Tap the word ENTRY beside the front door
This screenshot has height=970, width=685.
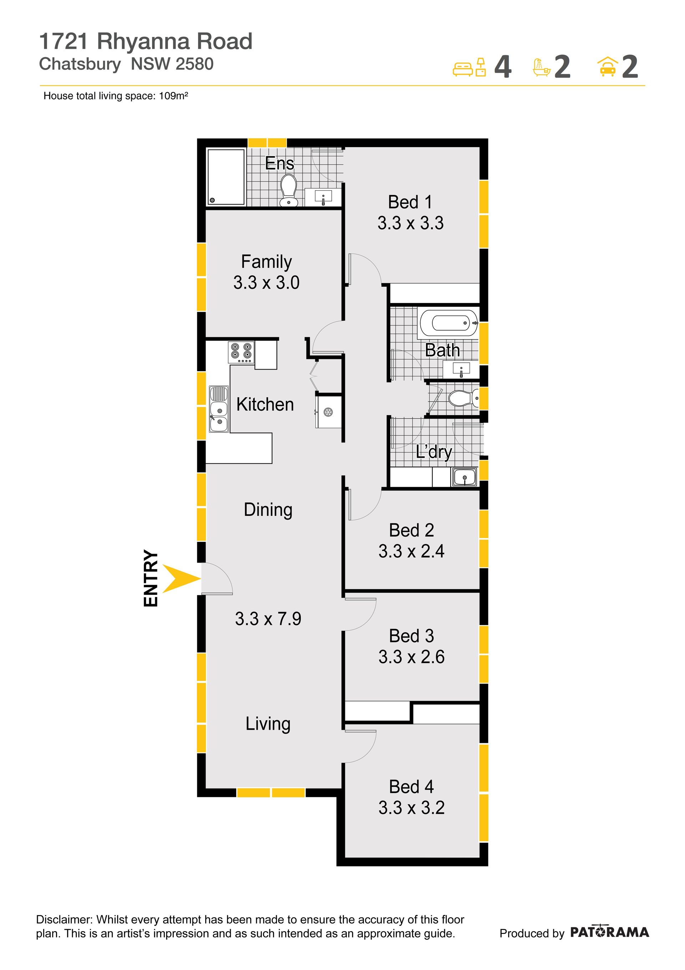point(151,578)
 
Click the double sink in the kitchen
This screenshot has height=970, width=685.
point(219,409)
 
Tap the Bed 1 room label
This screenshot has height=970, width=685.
point(410,202)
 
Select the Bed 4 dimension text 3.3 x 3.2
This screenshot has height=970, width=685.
point(411,808)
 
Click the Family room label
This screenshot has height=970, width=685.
point(267,262)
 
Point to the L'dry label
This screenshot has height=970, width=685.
point(434,452)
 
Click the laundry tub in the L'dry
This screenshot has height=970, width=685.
point(465,478)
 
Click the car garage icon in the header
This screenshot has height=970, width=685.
point(607,67)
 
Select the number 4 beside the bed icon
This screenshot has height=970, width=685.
point(503,67)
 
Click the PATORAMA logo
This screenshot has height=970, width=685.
point(609,931)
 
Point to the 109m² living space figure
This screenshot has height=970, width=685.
point(173,96)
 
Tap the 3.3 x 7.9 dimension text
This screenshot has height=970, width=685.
point(268,619)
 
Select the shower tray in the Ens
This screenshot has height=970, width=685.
point(226,177)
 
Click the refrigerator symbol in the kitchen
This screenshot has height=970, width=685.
point(329,411)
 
